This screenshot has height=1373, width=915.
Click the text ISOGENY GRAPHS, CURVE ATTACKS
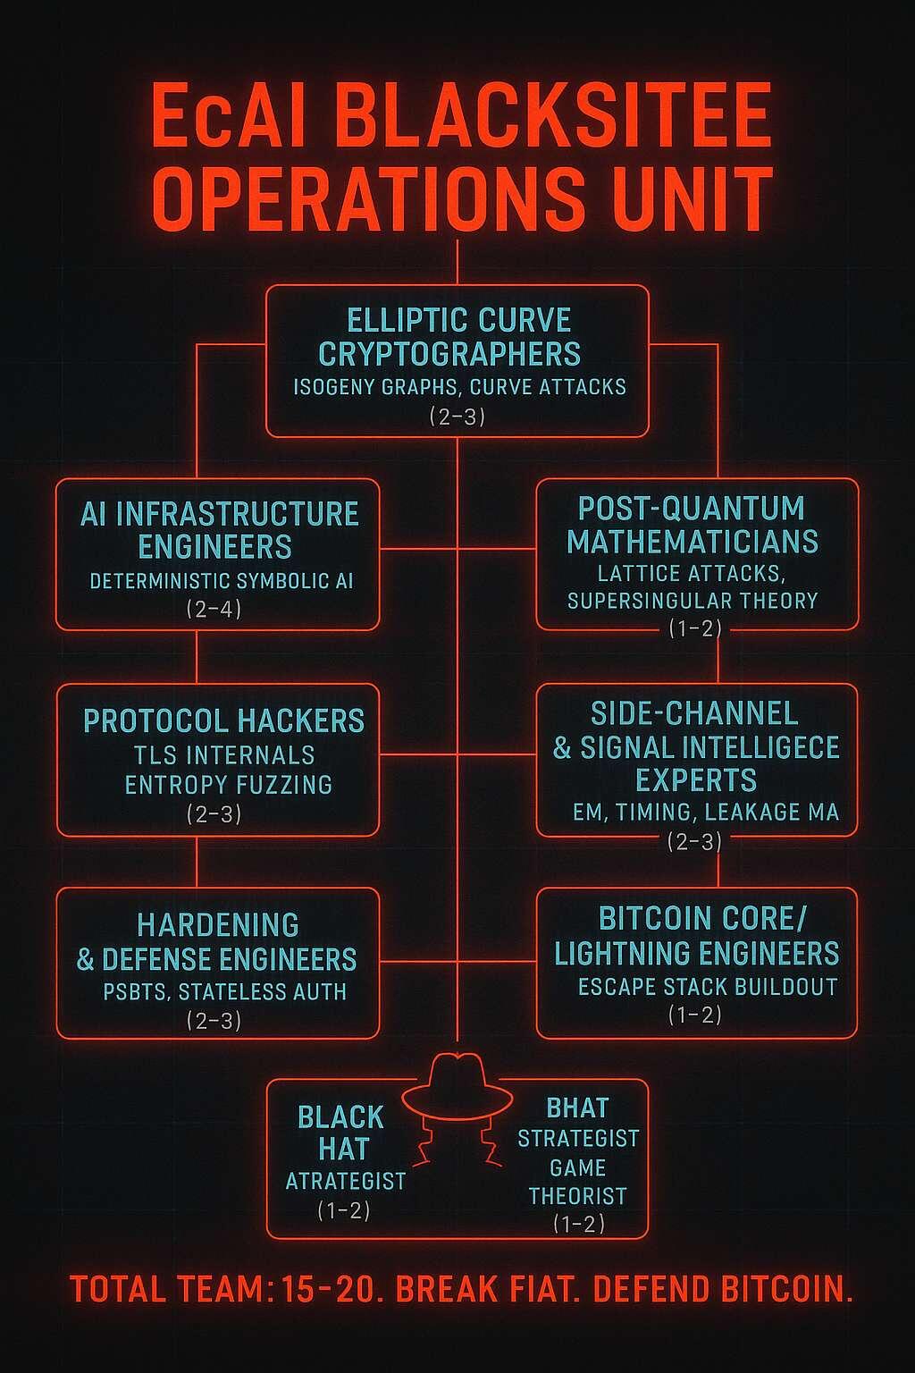tap(459, 387)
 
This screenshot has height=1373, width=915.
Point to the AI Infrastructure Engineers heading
tap(219, 529)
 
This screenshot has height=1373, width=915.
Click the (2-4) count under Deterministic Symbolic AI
tap(214, 610)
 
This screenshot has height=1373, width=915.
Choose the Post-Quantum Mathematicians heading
tap(693, 525)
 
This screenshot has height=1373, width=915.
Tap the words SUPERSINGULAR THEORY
tap(693, 601)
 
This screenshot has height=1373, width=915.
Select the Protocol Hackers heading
tap(223, 720)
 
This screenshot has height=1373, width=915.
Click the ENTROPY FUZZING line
tap(229, 785)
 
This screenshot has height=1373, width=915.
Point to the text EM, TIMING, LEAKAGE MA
tap(706, 813)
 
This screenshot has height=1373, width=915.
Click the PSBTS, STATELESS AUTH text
tap(225, 991)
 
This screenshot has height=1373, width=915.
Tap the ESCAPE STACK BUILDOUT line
tap(708, 987)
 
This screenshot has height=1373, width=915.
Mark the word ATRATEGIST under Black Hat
tap(346, 1181)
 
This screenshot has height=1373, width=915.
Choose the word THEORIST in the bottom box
tap(578, 1196)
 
